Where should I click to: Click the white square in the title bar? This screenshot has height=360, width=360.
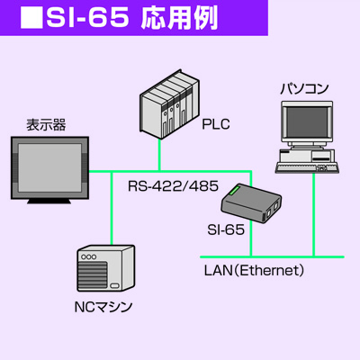coord(31,17)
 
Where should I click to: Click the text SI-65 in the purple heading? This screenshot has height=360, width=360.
coord(87,18)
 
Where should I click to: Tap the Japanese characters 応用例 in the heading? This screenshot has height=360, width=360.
coord(179,18)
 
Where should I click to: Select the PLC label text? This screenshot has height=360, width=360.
coord(216,124)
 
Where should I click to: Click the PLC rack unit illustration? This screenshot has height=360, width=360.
coord(169,104)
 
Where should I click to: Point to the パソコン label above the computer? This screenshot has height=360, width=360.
coord(304,89)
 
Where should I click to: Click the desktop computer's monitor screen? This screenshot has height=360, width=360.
coord(306,122)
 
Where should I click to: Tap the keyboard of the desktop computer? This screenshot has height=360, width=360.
coord(308,168)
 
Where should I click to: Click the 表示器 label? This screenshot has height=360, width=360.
coord(46,125)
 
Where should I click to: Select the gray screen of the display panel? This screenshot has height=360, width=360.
coord(49,167)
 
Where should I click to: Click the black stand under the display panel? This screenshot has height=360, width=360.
coord(49,202)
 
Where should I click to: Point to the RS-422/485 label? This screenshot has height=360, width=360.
coord(173,186)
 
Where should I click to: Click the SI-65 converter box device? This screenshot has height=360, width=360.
coord(251,203)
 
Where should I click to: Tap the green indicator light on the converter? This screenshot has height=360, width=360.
coord(233,191)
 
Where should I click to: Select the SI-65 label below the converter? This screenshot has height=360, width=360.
coord(226,229)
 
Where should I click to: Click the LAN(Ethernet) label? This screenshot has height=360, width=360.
coord(254,270)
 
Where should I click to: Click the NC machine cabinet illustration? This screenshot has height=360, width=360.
coord(105,268)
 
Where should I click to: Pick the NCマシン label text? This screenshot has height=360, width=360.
coord(103,307)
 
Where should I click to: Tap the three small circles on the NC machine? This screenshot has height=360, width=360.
coord(89,257)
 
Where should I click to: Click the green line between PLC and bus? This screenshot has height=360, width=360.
coord(159,156)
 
